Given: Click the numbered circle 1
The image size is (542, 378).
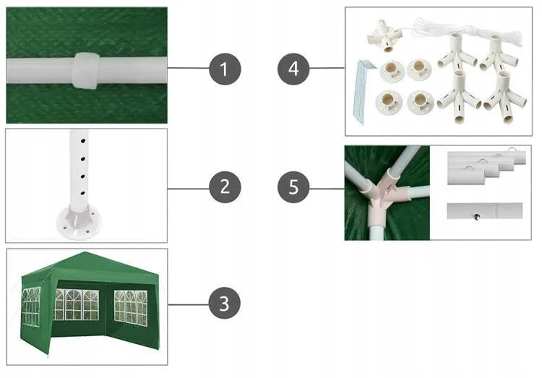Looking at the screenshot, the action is click(x=225, y=69).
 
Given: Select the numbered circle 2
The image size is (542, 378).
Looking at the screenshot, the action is click(x=225, y=186).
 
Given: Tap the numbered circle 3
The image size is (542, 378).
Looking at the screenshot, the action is click(x=224, y=304).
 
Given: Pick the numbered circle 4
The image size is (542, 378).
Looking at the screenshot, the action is click(x=293, y=69).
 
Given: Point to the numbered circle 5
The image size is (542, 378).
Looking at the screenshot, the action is click(x=293, y=186).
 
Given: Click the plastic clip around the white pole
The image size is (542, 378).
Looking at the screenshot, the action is click(x=85, y=71).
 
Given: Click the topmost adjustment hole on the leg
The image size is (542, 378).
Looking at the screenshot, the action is click(x=83, y=141).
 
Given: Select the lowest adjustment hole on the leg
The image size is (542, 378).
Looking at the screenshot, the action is click(x=83, y=193).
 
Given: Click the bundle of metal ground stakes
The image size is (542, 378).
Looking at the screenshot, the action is click(x=363, y=92).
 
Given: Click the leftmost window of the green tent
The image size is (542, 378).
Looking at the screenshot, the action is click(x=31, y=306).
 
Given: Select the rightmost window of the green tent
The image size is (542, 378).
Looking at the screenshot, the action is click(x=131, y=307).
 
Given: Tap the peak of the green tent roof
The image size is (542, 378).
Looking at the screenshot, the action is click(x=85, y=252).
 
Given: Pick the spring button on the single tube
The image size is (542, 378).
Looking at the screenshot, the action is click(x=478, y=217).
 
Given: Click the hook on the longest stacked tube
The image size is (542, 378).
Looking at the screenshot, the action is click(x=512, y=150).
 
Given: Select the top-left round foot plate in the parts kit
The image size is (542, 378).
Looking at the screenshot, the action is click(x=392, y=71).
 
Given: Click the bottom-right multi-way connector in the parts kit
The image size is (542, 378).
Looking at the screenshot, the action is click(x=504, y=98).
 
